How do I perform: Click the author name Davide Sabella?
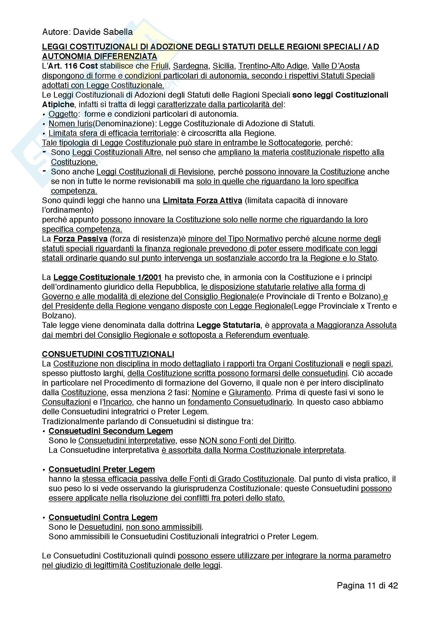[x=103, y=32]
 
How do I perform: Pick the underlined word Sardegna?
[x=190, y=66]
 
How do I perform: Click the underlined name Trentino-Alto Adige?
[x=273, y=66]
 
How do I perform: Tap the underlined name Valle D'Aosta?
[x=336, y=66]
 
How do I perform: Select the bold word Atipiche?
[x=58, y=104]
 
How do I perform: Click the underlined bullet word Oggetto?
[x=63, y=114]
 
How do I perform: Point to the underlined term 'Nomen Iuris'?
[x=70, y=124]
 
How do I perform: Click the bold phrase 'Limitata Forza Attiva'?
[x=202, y=201]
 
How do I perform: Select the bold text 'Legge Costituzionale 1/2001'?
[x=107, y=277]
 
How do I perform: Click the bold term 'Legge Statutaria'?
[x=228, y=325]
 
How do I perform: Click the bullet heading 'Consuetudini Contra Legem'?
[x=103, y=517]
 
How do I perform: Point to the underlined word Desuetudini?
[x=100, y=527]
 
